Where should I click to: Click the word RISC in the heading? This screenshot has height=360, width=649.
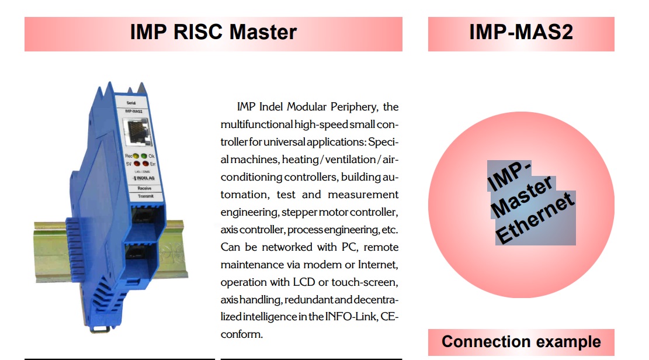(x=198, y=32)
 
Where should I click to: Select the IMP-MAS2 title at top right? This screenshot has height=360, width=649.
(x=521, y=32)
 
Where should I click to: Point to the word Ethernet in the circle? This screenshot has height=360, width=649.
(x=535, y=218)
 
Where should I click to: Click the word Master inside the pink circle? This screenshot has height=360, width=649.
(x=522, y=196)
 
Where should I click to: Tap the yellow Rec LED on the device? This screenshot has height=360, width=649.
(x=136, y=156)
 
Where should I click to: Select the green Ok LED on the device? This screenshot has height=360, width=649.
(x=144, y=156)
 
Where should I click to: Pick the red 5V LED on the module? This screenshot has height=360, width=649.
(x=137, y=164)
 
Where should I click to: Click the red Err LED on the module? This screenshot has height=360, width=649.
(x=145, y=163)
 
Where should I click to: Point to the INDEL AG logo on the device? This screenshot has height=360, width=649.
(x=144, y=178)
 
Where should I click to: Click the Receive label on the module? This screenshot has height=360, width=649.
(x=144, y=188)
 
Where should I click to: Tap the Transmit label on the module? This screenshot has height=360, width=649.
(x=145, y=196)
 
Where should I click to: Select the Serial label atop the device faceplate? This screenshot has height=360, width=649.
(x=131, y=103)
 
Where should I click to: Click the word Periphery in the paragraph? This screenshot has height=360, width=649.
(x=354, y=108)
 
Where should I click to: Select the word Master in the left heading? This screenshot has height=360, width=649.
(x=263, y=32)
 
